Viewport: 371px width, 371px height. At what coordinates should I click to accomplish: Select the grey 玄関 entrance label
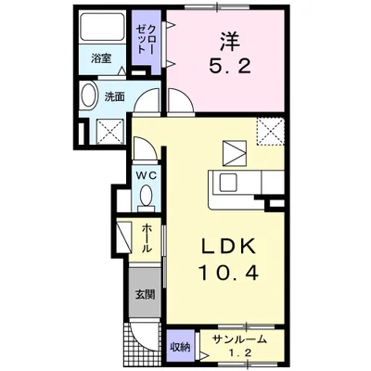[145, 297]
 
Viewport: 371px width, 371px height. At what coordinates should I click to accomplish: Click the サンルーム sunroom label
[236, 339]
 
